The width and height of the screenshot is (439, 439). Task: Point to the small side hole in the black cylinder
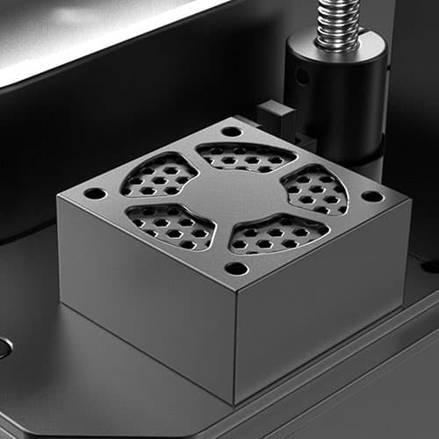click(302, 76)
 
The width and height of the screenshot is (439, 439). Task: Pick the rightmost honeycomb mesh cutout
click(313, 190)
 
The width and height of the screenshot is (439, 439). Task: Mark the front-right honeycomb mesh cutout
click(277, 233)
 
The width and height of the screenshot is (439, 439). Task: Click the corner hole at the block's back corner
click(232, 132)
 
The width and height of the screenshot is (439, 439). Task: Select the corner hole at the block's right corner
click(372, 196)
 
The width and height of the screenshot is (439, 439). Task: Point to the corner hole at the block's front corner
click(235, 268)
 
